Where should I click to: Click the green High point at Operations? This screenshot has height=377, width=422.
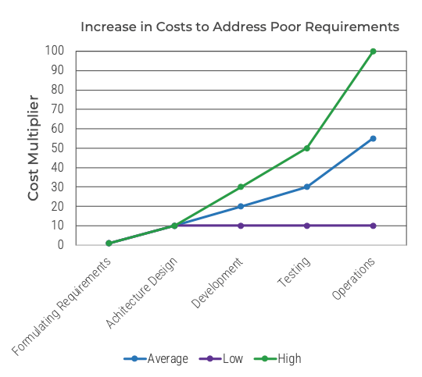click(x=373, y=52)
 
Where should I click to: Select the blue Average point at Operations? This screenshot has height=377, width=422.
click(x=373, y=139)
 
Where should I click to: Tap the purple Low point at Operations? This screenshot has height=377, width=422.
click(x=373, y=226)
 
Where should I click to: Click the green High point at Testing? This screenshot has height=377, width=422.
click(x=306, y=148)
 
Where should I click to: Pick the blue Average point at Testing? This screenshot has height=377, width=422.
click(x=306, y=187)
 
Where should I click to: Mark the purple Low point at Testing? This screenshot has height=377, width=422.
click(x=306, y=226)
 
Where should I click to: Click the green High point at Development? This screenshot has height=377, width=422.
click(x=241, y=187)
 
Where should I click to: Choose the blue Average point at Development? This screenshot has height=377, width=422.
click(x=241, y=207)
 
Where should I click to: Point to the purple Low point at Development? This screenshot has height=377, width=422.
click(x=241, y=226)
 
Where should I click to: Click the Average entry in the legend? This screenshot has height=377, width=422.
click(x=156, y=359)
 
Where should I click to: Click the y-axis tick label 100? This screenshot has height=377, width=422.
click(x=54, y=52)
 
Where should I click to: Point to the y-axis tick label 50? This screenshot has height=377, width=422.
click(x=57, y=148)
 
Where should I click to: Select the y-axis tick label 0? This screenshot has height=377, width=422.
click(x=60, y=245)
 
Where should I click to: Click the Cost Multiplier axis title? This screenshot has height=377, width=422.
click(x=34, y=148)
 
